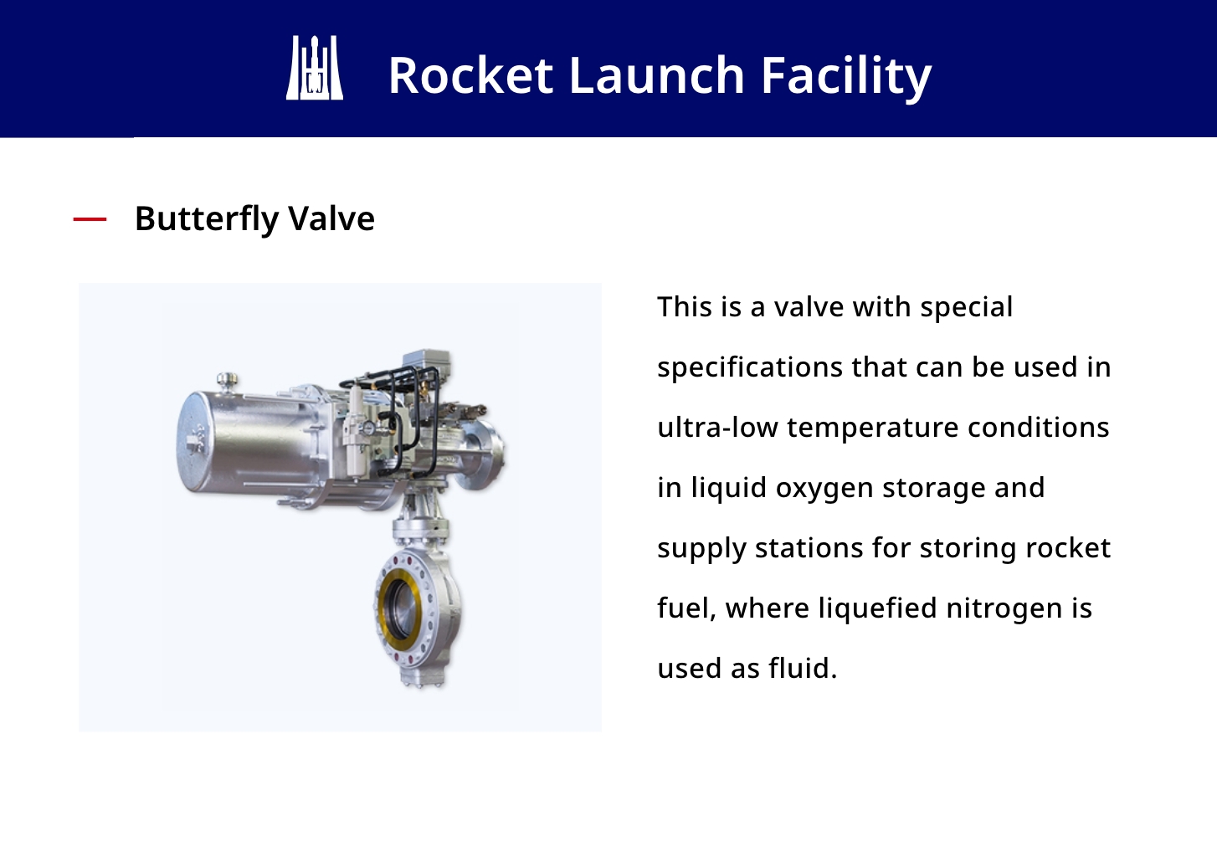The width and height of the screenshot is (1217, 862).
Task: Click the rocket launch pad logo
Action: tap(315, 68)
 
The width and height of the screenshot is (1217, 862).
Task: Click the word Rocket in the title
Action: tap(470, 75)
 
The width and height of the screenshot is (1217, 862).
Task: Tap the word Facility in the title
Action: tap(846, 77)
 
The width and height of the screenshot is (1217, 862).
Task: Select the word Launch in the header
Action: tap(656, 75)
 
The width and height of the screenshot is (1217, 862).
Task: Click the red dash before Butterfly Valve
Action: tap(90, 219)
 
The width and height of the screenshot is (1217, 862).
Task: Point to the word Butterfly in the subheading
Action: tap(207, 219)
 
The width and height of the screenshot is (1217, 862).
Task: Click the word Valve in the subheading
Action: tap(331, 218)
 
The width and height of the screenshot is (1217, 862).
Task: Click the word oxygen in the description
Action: tap(824, 489)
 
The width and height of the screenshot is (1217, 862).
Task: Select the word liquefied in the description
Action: tap(877, 608)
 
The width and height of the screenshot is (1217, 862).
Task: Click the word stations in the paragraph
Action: tap(809, 548)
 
